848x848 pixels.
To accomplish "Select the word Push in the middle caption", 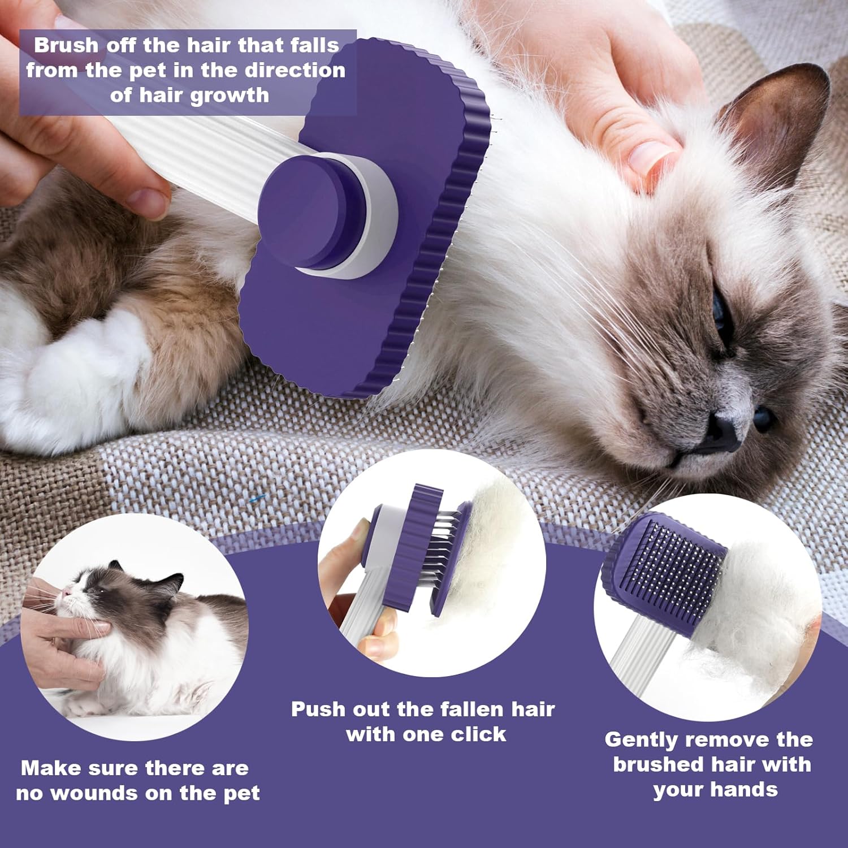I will coord(318,709).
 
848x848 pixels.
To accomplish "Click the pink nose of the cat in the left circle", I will coord(67,592).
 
